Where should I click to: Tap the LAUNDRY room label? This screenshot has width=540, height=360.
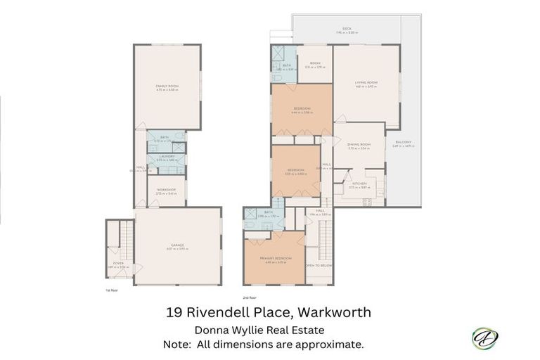[167, 157]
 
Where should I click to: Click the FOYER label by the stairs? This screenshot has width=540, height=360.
[118, 264]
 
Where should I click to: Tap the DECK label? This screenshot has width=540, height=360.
[347, 29]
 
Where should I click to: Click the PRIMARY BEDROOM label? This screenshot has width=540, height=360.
[274, 259]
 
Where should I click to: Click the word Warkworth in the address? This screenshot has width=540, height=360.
[334, 311]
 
